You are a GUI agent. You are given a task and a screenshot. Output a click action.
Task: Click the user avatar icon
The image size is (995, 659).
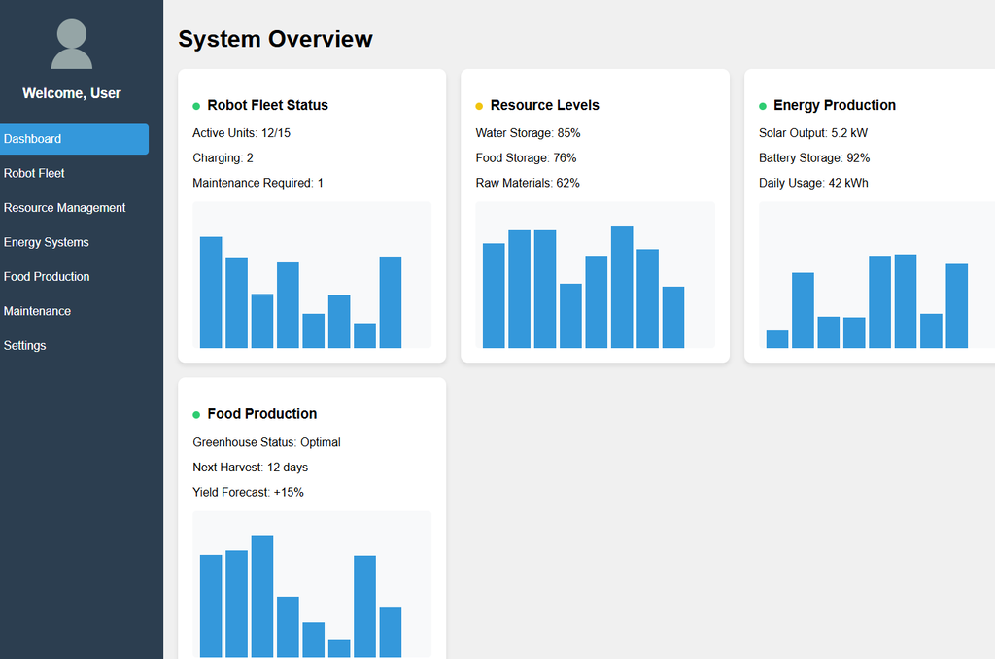tap(72, 44)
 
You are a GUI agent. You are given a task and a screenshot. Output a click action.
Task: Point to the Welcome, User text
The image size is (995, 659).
tap(72, 93)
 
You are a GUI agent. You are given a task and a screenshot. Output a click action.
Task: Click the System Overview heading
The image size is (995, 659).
tap(275, 39)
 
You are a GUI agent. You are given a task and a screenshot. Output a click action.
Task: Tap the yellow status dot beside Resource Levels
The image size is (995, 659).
tap(479, 106)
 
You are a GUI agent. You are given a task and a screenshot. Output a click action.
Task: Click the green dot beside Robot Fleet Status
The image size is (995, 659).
tap(196, 106)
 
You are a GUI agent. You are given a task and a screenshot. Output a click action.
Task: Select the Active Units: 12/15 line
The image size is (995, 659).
tap(241, 133)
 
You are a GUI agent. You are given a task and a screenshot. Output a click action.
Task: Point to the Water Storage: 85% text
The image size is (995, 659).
tap(528, 133)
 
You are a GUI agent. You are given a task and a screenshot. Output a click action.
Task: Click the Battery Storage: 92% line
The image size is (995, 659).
tap(813, 157)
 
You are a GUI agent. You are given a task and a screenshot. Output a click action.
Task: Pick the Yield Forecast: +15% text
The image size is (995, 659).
tap(248, 493)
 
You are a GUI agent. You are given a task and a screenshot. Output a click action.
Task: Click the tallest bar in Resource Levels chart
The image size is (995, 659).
tap(622, 287)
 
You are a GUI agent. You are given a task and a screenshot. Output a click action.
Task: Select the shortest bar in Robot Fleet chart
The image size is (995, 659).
tap(364, 335)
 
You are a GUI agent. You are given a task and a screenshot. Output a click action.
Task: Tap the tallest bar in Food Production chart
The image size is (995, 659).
tap(262, 596)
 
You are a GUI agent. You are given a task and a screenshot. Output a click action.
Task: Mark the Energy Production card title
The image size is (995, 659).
tap(834, 105)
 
